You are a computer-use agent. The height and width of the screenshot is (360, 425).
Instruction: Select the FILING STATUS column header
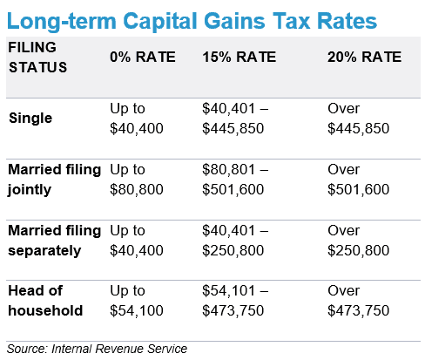click(x=37, y=57)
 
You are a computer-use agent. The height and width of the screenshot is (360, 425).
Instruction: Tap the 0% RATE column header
click(x=143, y=57)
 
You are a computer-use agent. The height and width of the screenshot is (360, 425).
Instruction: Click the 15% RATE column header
click(x=239, y=57)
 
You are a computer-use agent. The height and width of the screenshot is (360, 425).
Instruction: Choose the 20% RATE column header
click(x=365, y=57)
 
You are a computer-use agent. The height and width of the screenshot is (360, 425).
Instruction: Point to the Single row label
click(x=30, y=119)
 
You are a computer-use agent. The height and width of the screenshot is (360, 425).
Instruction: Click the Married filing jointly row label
click(x=55, y=180)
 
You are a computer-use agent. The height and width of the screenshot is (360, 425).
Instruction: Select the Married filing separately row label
click(x=55, y=241)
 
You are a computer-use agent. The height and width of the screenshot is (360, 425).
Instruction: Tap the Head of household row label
click(x=45, y=301)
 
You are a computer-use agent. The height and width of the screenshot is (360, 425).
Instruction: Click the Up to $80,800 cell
click(x=137, y=180)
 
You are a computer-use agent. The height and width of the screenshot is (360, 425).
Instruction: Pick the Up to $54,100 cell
click(x=137, y=301)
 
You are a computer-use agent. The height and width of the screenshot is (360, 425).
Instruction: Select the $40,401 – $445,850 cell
click(x=235, y=119)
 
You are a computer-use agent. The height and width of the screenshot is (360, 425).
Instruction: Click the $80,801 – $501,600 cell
click(x=235, y=180)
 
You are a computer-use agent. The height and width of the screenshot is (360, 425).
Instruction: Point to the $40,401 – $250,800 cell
click(x=235, y=241)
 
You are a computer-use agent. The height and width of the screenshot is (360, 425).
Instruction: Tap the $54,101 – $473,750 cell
click(x=235, y=301)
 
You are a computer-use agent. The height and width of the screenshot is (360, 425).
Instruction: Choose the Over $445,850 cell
click(x=359, y=119)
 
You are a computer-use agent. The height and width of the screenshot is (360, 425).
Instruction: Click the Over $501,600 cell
click(x=359, y=180)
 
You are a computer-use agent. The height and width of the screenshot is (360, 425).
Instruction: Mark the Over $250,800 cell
click(x=359, y=241)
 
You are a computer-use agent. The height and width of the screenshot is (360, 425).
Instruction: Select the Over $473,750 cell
click(x=359, y=301)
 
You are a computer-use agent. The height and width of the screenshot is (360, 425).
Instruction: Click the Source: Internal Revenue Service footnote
click(x=97, y=349)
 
